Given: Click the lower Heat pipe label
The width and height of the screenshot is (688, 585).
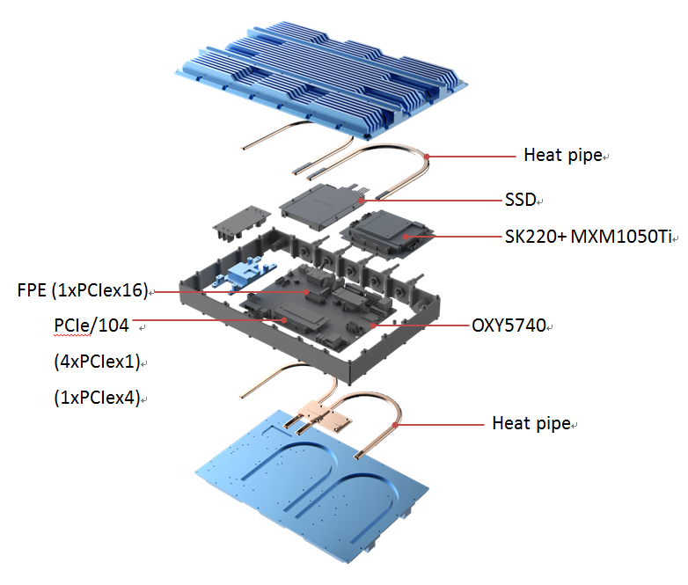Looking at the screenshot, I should tap(531, 424).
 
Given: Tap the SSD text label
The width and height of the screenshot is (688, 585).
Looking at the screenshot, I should tap(520, 200).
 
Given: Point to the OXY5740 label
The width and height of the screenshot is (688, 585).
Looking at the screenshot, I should tap(508, 325).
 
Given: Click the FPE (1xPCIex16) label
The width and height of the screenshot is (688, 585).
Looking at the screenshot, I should tap(84, 289).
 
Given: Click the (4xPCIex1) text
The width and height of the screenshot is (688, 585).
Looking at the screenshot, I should tap(97, 362).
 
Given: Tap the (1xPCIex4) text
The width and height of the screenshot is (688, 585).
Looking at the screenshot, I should tap(97, 397).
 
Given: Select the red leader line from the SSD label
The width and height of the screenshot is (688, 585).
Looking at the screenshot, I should tap(431, 200).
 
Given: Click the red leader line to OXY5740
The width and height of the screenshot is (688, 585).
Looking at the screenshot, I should tap(422, 325).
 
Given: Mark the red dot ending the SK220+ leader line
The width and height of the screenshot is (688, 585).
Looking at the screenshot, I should tap(406, 236).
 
